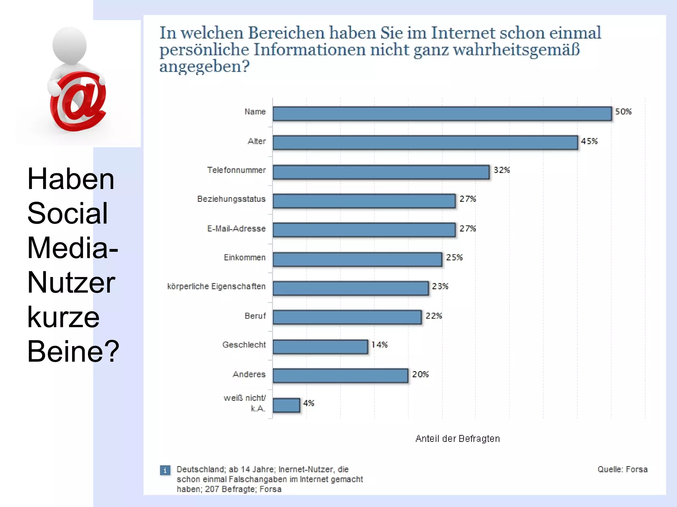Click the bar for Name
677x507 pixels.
[442, 114]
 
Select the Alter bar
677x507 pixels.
[425, 143]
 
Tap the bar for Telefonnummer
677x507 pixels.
[381, 172]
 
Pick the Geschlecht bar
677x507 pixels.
[320, 347]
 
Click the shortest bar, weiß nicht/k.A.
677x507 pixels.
[286, 405]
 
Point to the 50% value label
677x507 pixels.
[623, 112]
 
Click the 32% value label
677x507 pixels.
[501, 170]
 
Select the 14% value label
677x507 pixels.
[379, 345]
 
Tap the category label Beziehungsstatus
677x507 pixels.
[231, 199]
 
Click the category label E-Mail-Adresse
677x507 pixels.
[236, 228]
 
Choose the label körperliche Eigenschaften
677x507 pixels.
[216, 286]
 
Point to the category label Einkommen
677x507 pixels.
[245, 257]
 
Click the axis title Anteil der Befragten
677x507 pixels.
[458, 439]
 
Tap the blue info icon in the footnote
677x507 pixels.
[165, 470]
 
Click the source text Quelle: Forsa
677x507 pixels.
[622, 469]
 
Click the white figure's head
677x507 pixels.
[69, 45]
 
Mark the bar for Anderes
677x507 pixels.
[340, 376]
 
